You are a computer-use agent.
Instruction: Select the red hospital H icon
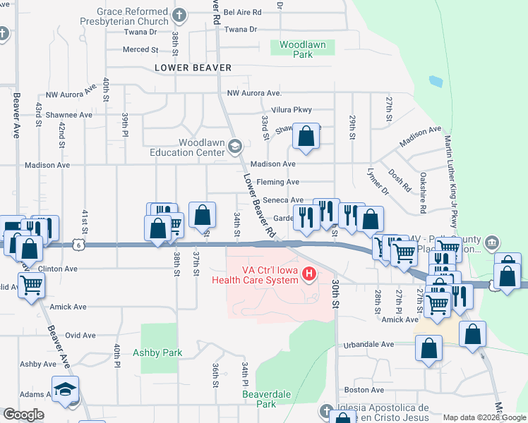pos(308,273)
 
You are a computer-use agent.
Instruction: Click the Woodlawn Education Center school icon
pos(235,146)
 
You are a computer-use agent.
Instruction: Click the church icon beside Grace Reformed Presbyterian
pos(180,15)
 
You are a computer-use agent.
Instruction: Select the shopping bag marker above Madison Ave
pos(306,136)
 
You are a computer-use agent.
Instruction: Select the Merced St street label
pos(140,49)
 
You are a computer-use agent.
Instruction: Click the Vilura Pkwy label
pos(292,110)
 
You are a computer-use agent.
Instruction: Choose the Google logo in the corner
pos(23,415)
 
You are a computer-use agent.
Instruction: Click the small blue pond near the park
pos(436,81)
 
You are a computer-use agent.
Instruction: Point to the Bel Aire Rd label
pos(242,13)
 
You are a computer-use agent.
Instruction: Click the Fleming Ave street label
pos(278,182)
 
